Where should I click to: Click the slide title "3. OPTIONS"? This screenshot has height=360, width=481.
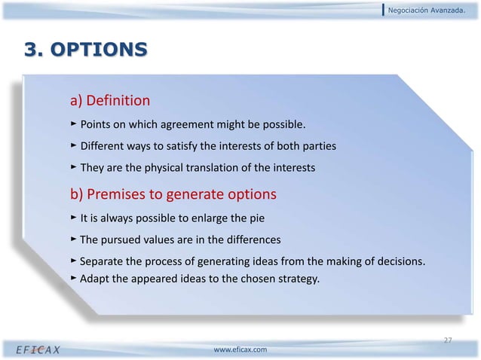(x=85, y=50)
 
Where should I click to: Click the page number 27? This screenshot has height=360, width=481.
(x=447, y=341)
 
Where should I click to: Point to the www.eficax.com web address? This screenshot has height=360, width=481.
(x=240, y=350)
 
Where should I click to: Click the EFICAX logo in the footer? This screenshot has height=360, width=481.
(x=40, y=350)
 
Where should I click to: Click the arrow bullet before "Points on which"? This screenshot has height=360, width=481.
(x=73, y=123)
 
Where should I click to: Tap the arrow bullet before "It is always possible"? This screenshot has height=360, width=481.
(x=73, y=218)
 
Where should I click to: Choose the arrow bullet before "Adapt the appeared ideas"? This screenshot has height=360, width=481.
(x=73, y=277)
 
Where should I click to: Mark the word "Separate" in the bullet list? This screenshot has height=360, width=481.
(x=103, y=262)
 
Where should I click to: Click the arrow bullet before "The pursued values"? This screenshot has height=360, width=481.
(x=73, y=239)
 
